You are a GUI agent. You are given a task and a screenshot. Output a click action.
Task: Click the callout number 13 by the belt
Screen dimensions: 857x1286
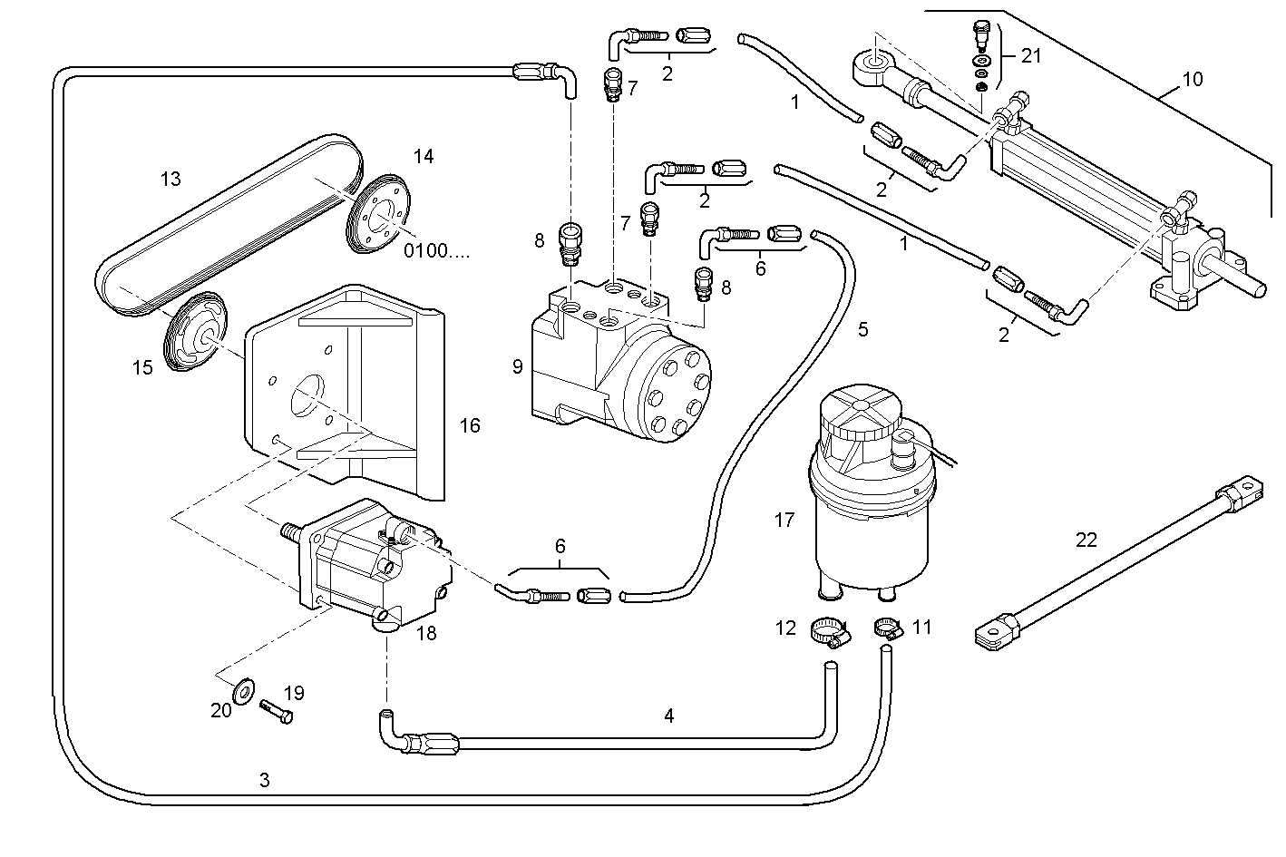(170, 179)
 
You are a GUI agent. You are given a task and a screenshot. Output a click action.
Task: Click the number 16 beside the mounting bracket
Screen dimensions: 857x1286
(469, 425)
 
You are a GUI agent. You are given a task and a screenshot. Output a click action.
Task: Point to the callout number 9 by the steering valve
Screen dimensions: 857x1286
(517, 366)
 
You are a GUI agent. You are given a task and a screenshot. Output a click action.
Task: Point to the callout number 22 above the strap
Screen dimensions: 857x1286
(1086, 540)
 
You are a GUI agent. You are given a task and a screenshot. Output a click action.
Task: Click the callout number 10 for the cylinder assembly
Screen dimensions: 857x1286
(1192, 79)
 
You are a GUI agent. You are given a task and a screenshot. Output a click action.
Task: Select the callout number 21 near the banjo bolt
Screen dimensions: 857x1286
(1031, 55)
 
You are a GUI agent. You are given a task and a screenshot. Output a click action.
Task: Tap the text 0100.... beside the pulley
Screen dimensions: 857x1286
(436, 251)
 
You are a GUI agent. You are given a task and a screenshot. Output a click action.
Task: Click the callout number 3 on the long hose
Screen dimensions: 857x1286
(264, 779)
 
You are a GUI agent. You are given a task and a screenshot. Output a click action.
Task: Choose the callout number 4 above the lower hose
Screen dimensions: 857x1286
(668, 716)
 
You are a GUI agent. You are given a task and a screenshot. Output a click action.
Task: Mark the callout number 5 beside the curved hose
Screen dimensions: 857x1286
(862, 329)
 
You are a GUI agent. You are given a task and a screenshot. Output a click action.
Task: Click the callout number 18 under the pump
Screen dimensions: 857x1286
(425, 633)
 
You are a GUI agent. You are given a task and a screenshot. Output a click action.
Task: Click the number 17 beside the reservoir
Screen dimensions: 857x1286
(784, 520)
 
